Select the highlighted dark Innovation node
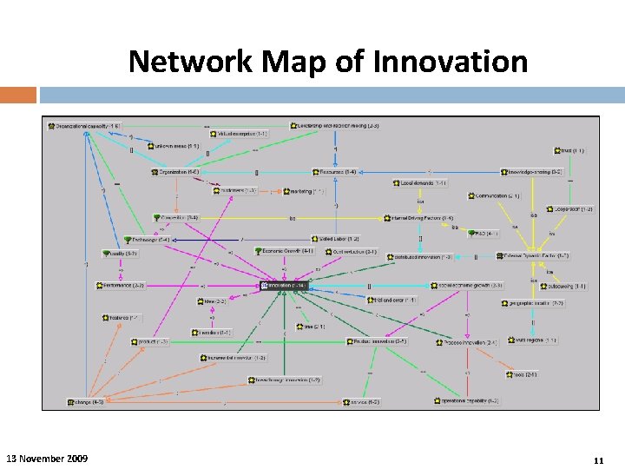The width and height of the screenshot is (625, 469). pos(284,285)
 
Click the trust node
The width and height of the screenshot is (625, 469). pos(570,151)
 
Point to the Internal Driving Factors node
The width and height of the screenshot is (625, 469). pos(420,218)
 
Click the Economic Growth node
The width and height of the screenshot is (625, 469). pos(284,251)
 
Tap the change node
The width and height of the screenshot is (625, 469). pos(86,402)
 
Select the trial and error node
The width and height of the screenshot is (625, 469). pos(391,300)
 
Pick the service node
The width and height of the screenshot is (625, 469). pos(360,402)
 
